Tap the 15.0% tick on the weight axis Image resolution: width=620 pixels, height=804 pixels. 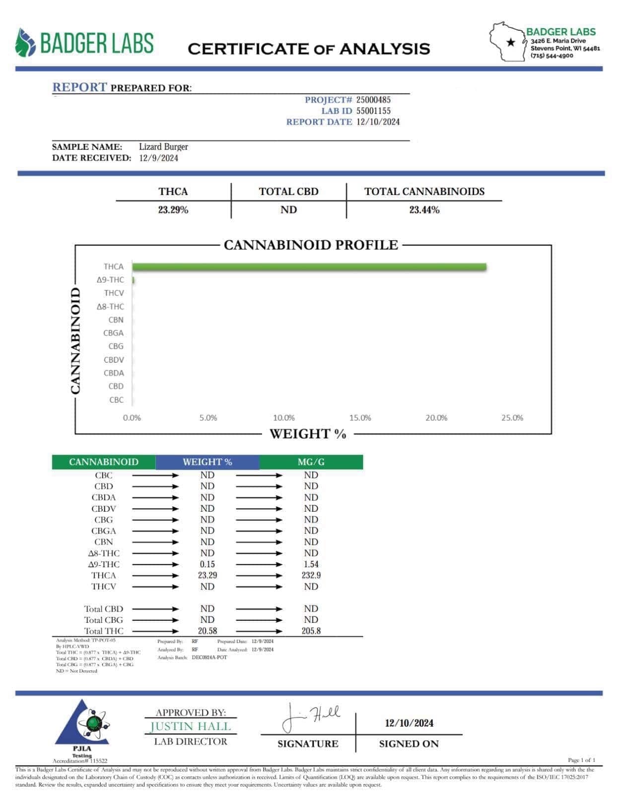[360, 418]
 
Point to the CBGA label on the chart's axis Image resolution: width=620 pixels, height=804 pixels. [113, 333]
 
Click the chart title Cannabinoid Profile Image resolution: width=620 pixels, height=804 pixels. [311, 245]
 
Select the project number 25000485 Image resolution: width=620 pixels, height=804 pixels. [373, 100]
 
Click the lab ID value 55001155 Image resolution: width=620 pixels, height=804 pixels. [373, 111]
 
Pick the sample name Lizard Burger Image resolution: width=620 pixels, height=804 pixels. [163, 147]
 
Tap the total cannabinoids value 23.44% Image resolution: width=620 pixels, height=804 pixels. [424, 210]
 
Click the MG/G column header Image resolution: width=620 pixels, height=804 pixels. [311, 462]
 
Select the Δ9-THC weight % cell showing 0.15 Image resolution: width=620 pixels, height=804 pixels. [207, 564]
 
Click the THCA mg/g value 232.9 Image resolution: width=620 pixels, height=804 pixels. [311, 575]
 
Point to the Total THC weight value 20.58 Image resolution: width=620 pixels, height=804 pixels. [207, 631]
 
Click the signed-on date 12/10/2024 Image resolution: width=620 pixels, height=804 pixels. [409, 723]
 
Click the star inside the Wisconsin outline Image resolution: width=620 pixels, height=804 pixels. [510, 43]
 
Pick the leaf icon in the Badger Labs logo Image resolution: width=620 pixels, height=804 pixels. [25, 43]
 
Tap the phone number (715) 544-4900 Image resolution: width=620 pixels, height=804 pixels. [551, 56]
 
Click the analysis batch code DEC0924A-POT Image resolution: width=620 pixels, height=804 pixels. [209, 658]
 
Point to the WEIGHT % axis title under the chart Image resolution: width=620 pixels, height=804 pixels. [308, 434]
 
